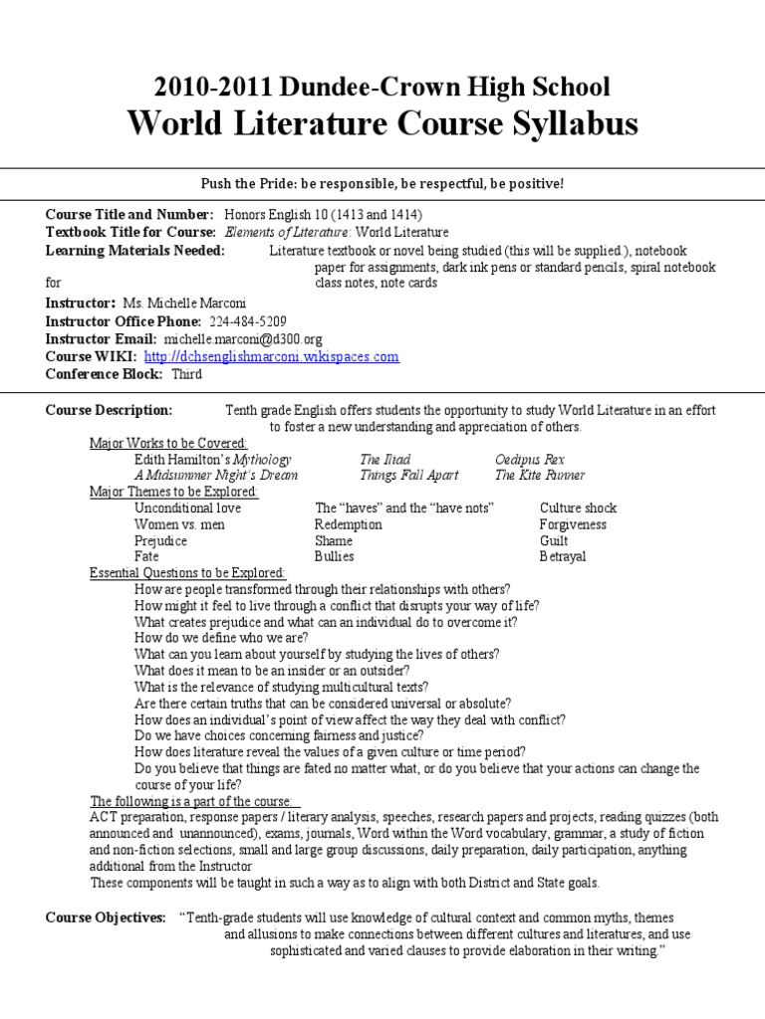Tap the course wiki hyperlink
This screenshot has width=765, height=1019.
click(x=272, y=356)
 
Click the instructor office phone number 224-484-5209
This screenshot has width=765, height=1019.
click(x=248, y=322)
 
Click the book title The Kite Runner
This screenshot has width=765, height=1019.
click(x=540, y=476)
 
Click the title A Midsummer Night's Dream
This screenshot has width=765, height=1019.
click(x=215, y=476)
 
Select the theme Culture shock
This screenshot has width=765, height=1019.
click(x=578, y=509)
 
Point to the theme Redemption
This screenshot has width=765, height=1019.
click(x=348, y=524)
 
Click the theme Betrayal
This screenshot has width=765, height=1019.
click(x=564, y=556)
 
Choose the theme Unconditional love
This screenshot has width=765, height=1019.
click(x=187, y=509)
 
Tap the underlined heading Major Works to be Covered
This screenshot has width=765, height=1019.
click(x=168, y=443)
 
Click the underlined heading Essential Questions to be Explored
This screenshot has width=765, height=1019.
click(x=187, y=573)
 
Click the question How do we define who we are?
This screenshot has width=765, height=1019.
click(x=221, y=637)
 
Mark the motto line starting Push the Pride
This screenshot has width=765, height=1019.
click(x=382, y=184)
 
